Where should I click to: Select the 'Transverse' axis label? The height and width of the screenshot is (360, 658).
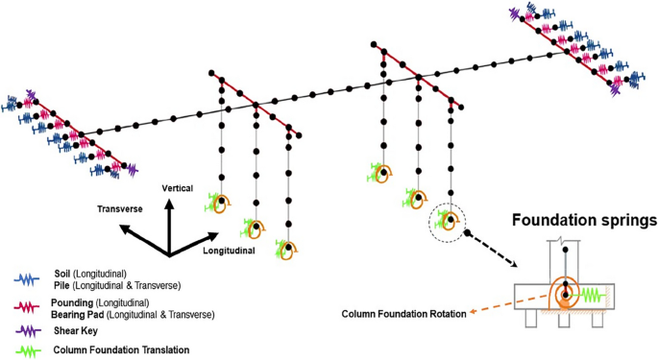121,207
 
